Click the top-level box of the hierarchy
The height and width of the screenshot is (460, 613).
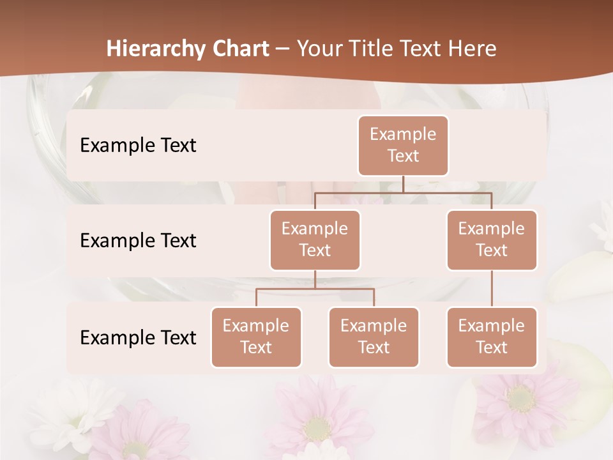coord(403,146)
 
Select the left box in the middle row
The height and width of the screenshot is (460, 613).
coord(315,240)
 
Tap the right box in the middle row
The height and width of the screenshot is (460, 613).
coord(492,240)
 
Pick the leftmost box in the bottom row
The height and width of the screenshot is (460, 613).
coord(256,337)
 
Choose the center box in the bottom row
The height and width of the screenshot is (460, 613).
coord(374,337)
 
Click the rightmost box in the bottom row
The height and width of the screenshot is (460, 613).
coord(492,337)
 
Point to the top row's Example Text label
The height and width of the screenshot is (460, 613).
coord(138,146)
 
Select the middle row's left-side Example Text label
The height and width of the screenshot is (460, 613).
coord(138,241)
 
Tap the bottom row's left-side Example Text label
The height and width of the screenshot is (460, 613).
coord(138,338)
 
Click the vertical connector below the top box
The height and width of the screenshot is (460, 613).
coord(403,184)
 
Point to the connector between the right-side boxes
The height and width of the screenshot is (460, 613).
coord(492,289)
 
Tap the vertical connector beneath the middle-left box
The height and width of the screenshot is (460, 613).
coord(315,280)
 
